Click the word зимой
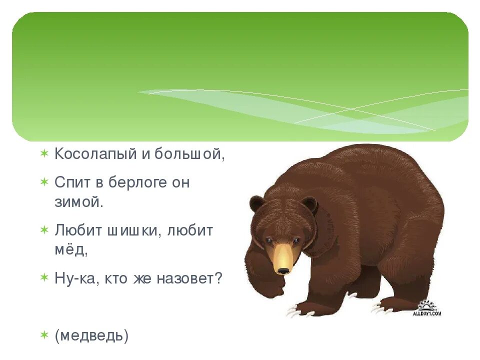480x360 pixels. (x=78, y=202)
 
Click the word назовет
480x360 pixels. (x=187, y=278)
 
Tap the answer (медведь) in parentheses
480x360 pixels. (x=91, y=336)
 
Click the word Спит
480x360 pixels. (x=72, y=182)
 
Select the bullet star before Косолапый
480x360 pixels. (x=44, y=153)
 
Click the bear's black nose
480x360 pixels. (x=283, y=270)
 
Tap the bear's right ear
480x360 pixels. (x=309, y=204)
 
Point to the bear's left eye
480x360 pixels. (x=268, y=241)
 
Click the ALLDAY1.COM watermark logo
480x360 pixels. (x=427, y=308)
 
